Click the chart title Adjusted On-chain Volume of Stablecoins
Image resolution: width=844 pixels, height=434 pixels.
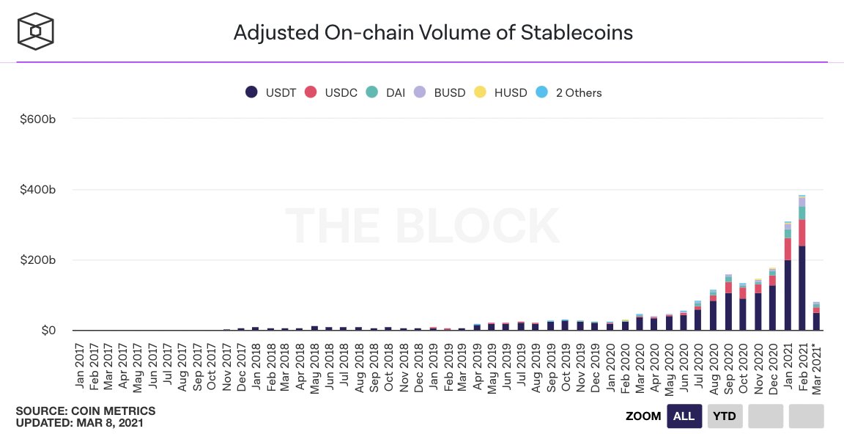432,32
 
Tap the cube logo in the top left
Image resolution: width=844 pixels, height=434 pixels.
36,32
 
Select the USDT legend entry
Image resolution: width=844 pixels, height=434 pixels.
271,92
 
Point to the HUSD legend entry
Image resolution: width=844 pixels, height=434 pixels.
501,92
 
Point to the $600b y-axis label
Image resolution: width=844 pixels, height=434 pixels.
38,119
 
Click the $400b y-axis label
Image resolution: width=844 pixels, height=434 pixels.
38,190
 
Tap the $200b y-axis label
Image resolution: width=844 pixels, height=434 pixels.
38,260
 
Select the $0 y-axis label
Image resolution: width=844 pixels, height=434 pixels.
48,331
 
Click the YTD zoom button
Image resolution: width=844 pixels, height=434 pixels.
725,416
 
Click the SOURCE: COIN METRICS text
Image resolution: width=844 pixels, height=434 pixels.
86,411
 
